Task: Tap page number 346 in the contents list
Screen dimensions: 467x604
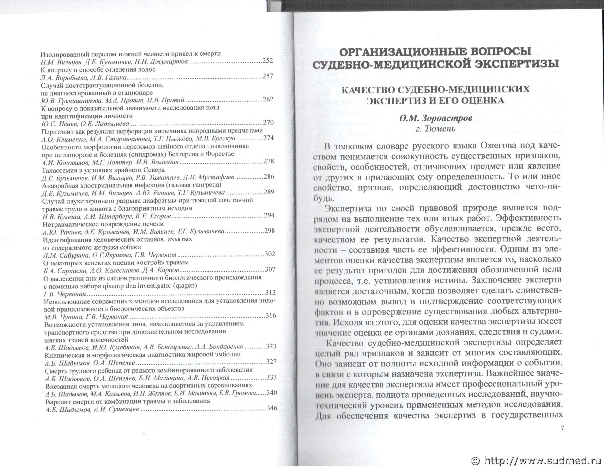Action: (272, 408)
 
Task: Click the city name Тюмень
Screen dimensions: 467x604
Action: (440, 129)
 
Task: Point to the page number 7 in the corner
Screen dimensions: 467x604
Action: (562, 428)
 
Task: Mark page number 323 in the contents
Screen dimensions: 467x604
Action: (271, 346)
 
